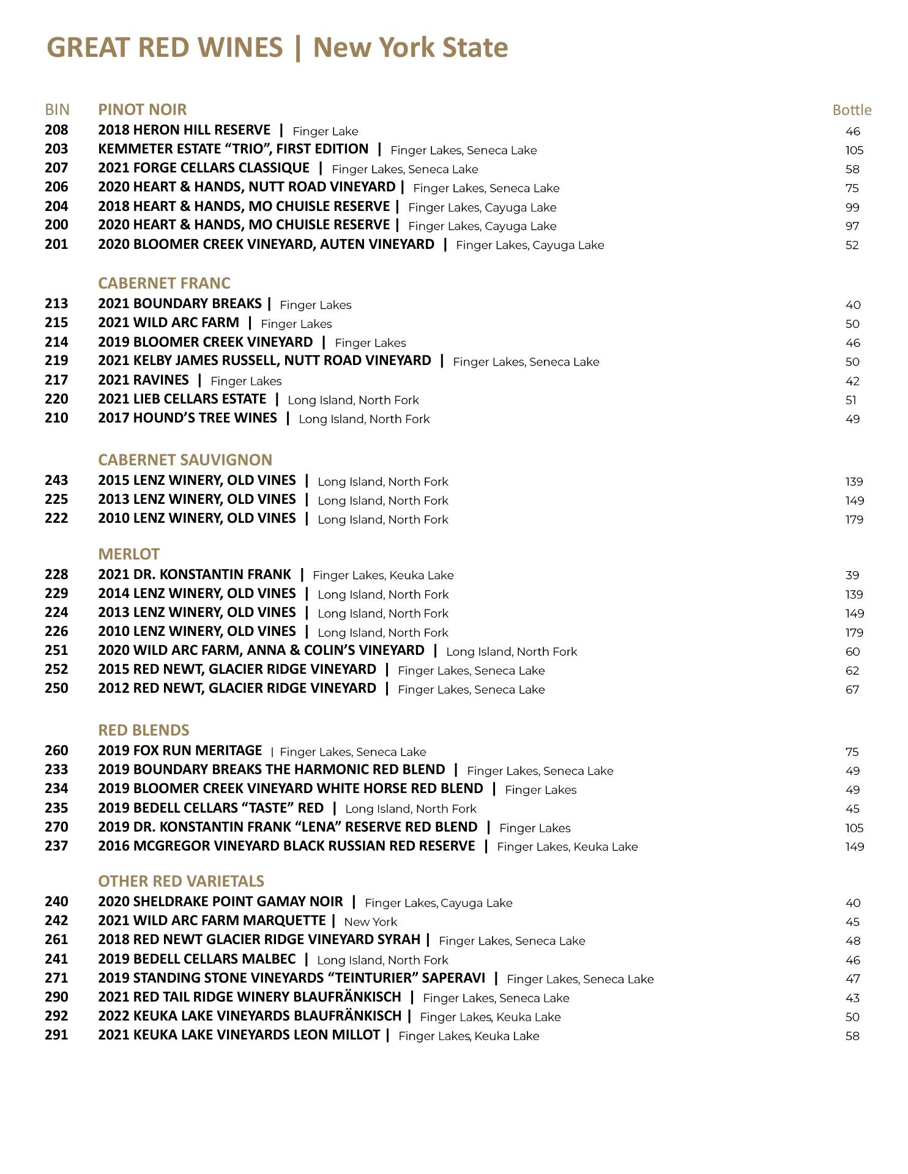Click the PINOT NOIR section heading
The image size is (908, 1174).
142,109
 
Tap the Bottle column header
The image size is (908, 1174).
852,110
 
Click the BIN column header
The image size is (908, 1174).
57,109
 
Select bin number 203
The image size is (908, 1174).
56,149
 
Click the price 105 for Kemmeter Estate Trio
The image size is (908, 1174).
854,150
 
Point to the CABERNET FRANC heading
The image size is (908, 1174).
164,283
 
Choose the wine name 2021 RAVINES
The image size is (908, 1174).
143,380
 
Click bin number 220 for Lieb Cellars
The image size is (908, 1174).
56,399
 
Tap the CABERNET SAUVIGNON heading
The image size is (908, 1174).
185,460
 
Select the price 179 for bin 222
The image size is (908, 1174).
854,520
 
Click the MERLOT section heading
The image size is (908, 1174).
128,554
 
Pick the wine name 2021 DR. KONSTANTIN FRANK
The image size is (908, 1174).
195,575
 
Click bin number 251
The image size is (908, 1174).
56,651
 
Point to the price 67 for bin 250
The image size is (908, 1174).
852,690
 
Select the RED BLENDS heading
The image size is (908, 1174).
144,730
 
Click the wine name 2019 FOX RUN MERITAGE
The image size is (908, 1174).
180,751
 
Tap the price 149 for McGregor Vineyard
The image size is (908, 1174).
854,847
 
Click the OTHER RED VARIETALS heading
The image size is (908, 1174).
181,881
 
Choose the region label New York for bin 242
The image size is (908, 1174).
370,922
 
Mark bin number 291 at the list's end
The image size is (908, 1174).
56,1035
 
